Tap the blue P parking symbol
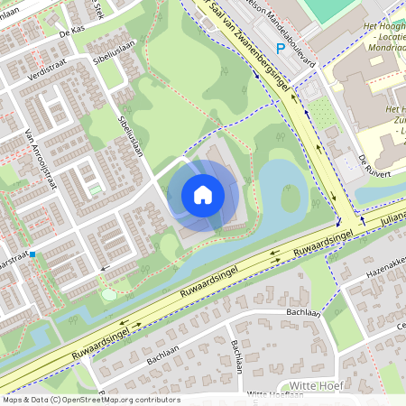281,47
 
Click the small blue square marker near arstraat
33,254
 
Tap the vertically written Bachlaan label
236,357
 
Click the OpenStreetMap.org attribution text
90,399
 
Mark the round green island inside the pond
290,198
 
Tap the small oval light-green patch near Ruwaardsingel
109,293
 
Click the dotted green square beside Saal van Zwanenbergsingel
320,113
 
